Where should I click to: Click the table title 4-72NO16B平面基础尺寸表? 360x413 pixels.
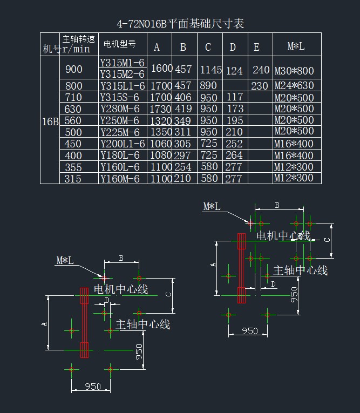click(180, 24)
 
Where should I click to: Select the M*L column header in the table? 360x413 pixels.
click(296, 47)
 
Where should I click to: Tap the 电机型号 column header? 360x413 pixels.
click(119, 43)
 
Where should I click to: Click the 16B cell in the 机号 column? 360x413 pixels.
click(50, 121)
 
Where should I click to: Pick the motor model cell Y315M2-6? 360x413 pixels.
click(123, 74)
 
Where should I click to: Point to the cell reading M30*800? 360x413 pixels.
click(294, 71)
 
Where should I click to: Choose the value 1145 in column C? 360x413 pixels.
click(211, 70)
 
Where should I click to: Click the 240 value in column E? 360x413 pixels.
click(261, 70)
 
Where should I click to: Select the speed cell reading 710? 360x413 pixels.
click(73, 97)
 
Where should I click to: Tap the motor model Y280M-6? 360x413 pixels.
click(120, 109)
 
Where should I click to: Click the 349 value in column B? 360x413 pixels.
click(184, 121)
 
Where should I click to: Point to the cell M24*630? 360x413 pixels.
click(294, 86)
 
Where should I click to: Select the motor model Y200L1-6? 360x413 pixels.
click(123, 144)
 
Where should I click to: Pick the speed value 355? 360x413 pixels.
click(73, 167)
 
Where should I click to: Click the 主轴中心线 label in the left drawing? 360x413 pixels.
click(143, 324)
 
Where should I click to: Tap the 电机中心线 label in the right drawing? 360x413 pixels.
click(283, 235)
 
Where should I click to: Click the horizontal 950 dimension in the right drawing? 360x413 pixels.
click(250, 330)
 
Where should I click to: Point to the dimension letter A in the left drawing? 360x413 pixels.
click(45, 323)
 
